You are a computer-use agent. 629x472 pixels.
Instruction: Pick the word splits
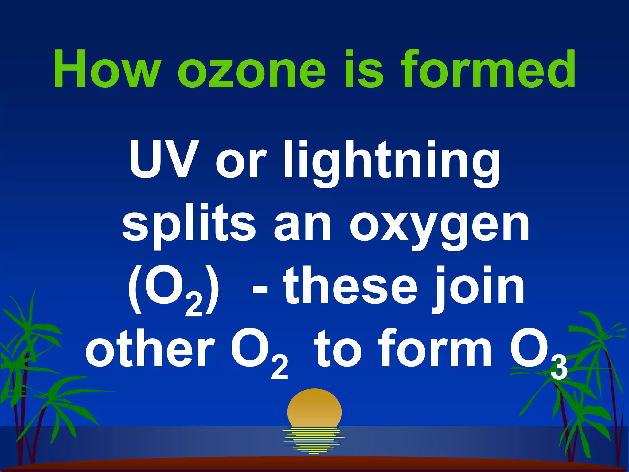click(x=189, y=226)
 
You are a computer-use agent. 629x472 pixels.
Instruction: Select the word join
click(x=479, y=287)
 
